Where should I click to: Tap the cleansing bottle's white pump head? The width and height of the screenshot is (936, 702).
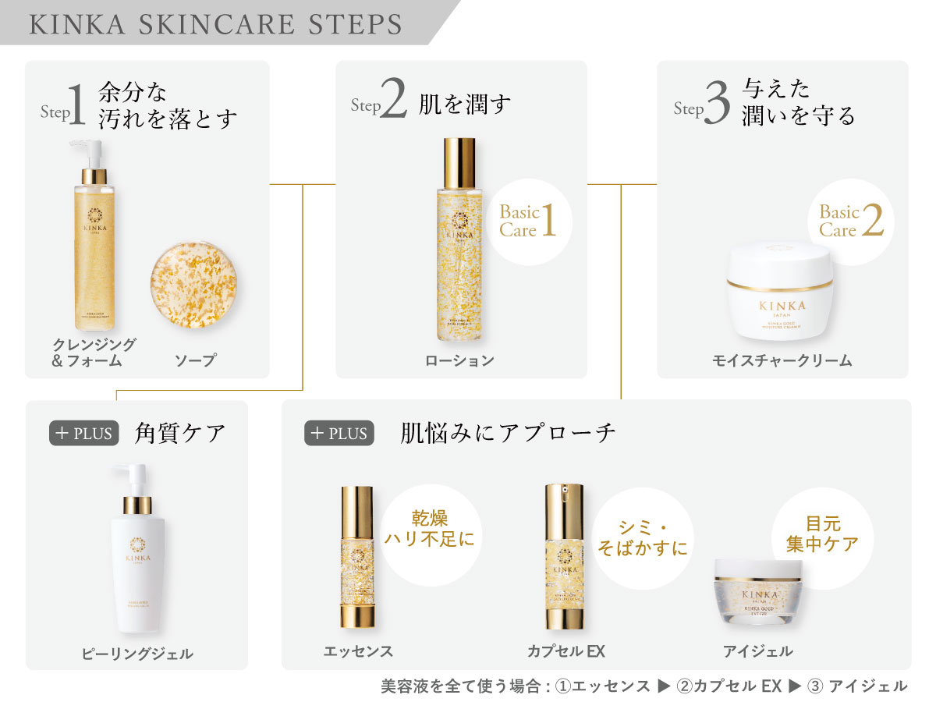tap(89, 151)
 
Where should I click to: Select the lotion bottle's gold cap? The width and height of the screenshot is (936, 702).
tap(459, 162)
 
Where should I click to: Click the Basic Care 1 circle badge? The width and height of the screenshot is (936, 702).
tap(528, 221)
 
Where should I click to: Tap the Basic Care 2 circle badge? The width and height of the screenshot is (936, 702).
tap(850, 221)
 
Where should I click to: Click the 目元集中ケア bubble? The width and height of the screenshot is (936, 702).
tap(822, 534)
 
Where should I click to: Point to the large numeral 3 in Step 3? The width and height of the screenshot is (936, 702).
tap(716, 105)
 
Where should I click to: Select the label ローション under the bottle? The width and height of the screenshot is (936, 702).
tap(459, 360)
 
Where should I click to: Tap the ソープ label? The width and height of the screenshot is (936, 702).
tap(194, 360)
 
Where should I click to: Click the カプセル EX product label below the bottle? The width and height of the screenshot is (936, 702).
tap(566, 651)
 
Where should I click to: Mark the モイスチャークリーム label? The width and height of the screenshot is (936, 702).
tap(782, 360)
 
